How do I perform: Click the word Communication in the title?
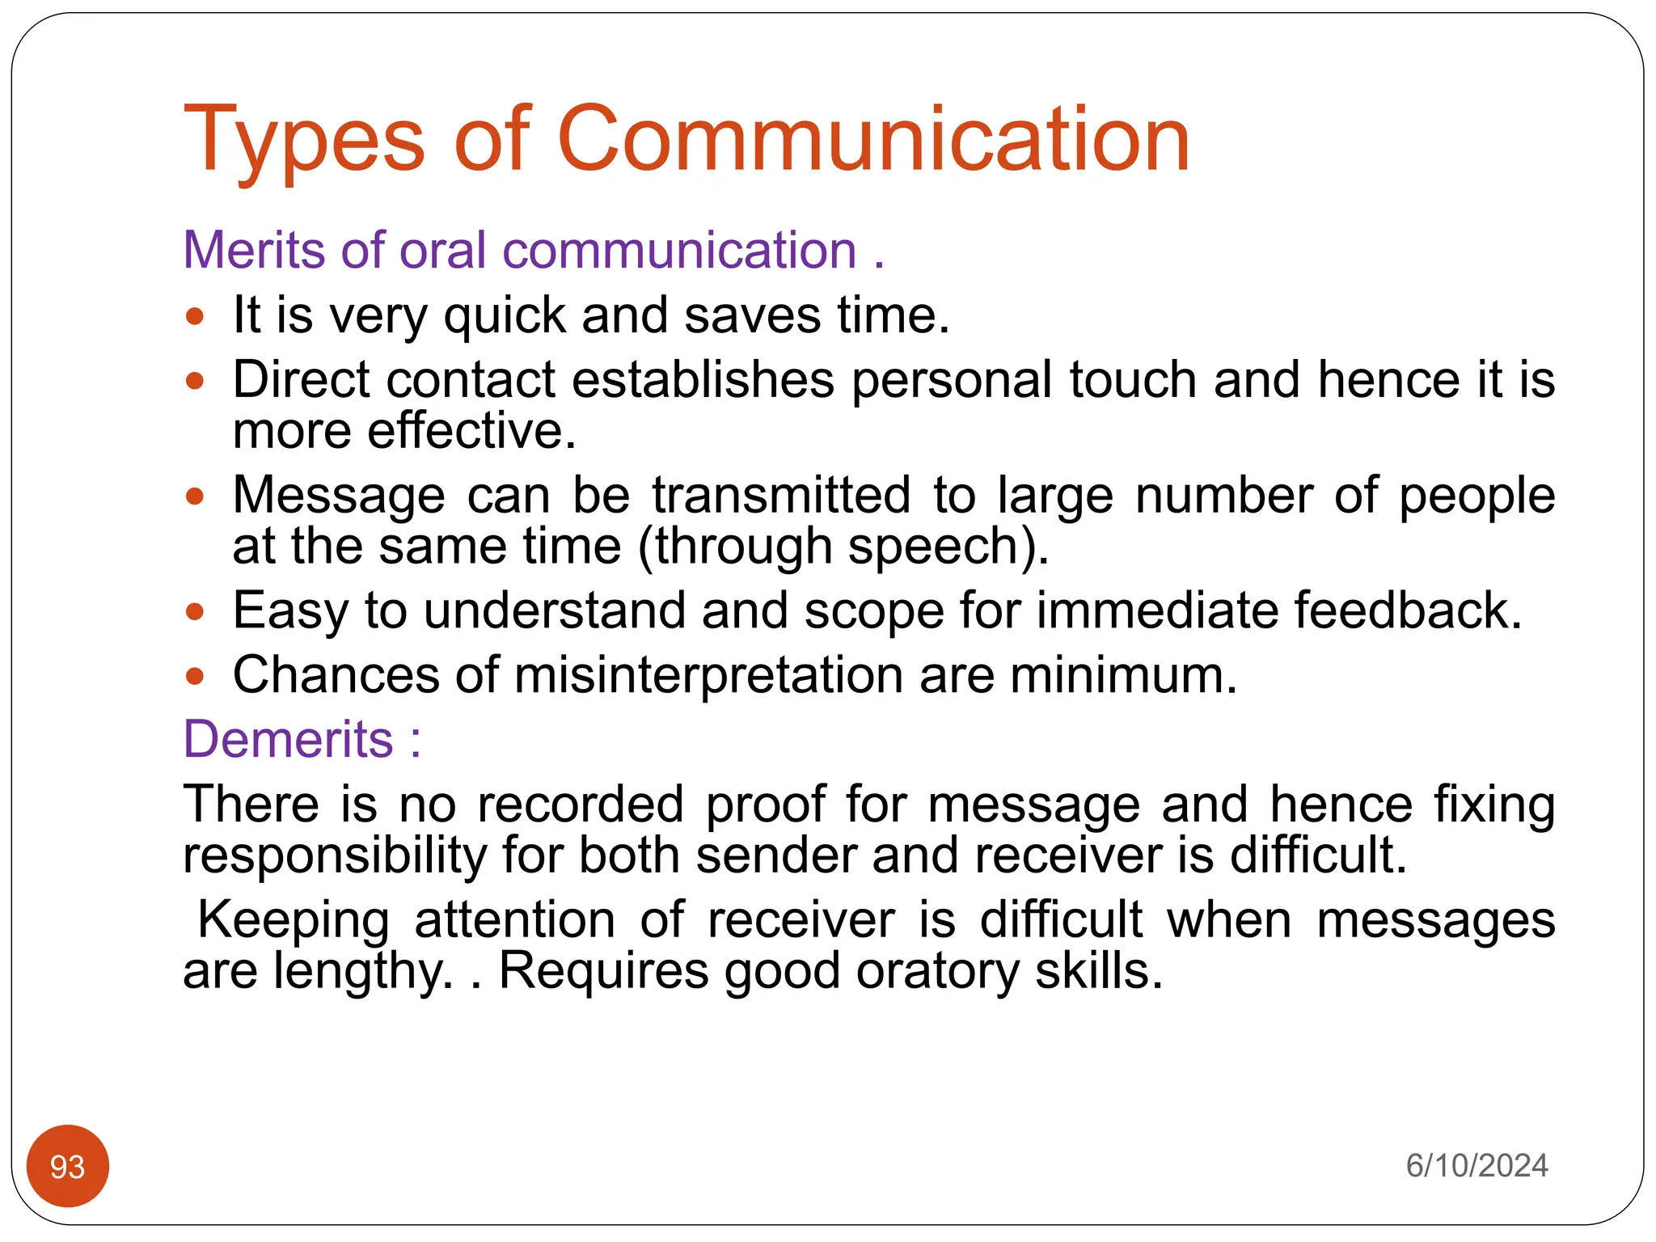click(873, 139)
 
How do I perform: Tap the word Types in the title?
click(304, 139)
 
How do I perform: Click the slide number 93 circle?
click(68, 1166)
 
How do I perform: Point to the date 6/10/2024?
click(1476, 1166)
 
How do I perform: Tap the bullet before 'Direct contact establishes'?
click(195, 380)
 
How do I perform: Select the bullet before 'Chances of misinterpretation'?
click(195, 675)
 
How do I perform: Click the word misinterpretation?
click(708, 675)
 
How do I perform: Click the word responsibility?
click(334, 855)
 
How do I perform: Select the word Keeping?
click(294, 920)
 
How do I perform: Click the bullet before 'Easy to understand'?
click(195, 610)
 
